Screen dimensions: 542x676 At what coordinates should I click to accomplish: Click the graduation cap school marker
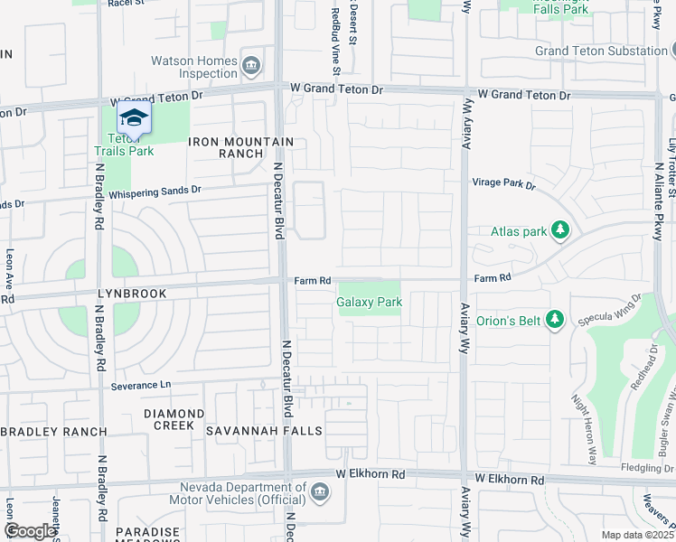tap(134, 118)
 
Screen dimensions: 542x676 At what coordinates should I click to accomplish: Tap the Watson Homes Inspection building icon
tap(252, 66)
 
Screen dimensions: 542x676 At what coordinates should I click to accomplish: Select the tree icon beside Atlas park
tap(561, 231)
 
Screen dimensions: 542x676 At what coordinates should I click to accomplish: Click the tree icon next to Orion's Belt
tap(556, 319)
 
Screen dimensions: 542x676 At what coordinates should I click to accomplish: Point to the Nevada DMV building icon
tap(318, 492)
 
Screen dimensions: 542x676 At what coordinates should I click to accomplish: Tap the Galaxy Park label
tap(369, 303)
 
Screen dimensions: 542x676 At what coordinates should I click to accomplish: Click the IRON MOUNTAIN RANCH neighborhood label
tap(240, 147)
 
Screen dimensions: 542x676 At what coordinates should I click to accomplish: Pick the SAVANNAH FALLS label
tap(264, 431)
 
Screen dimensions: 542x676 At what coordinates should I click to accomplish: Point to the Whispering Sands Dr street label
tap(154, 192)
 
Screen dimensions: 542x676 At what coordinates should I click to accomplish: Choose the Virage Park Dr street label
tap(503, 184)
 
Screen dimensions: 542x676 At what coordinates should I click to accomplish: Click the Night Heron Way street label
tap(584, 429)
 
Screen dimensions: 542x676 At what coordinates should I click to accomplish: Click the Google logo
tap(30, 531)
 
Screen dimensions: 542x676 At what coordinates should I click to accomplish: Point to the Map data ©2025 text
tap(636, 535)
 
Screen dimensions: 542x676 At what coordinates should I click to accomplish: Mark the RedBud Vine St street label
tap(335, 40)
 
